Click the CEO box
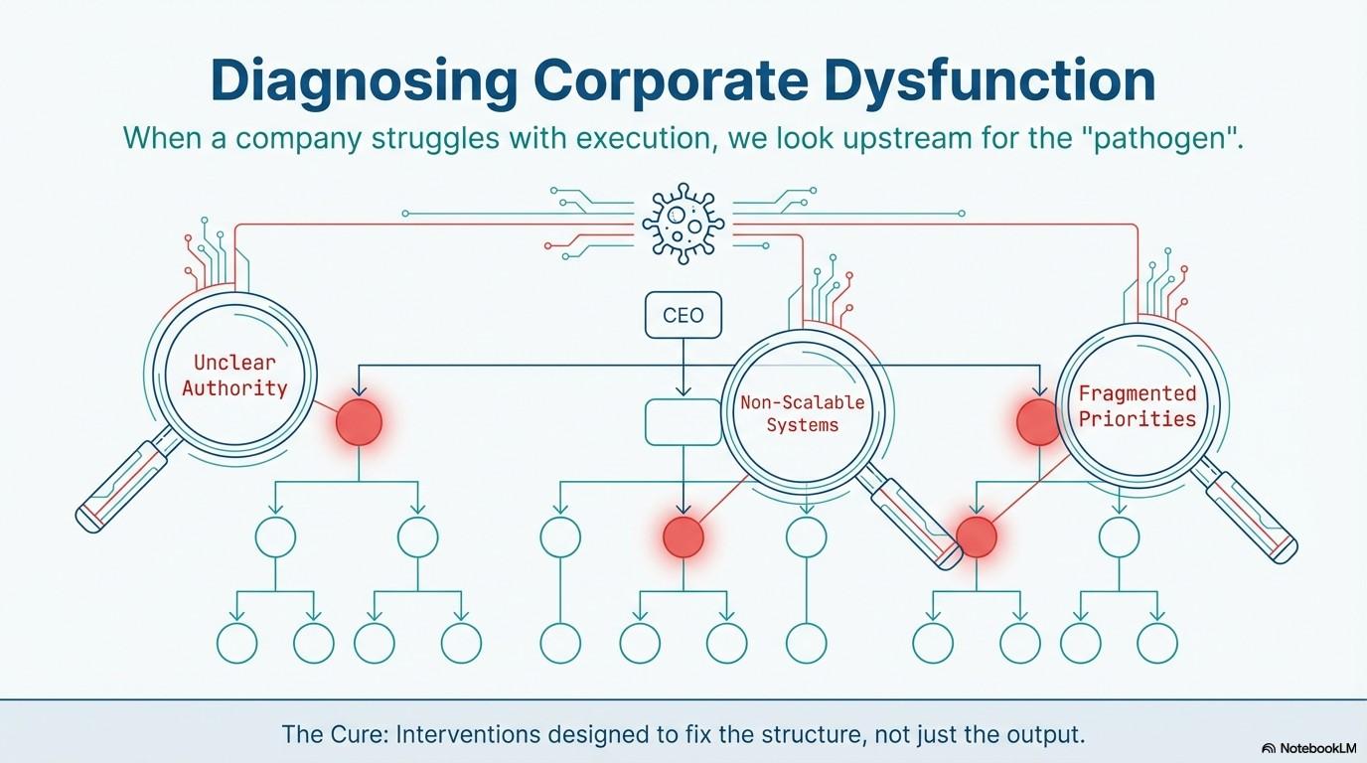click(x=683, y=316)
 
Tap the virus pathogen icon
click(x=683, y=224)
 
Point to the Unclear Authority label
click(x=234, y=376)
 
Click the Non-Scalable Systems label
click(x=803, y=413)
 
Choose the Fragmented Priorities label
click(x=1138, y=406)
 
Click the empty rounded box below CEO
click(x=683, y=422)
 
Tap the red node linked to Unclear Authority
click(x=359, y=422)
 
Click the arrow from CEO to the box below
click(x=683, y=368)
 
